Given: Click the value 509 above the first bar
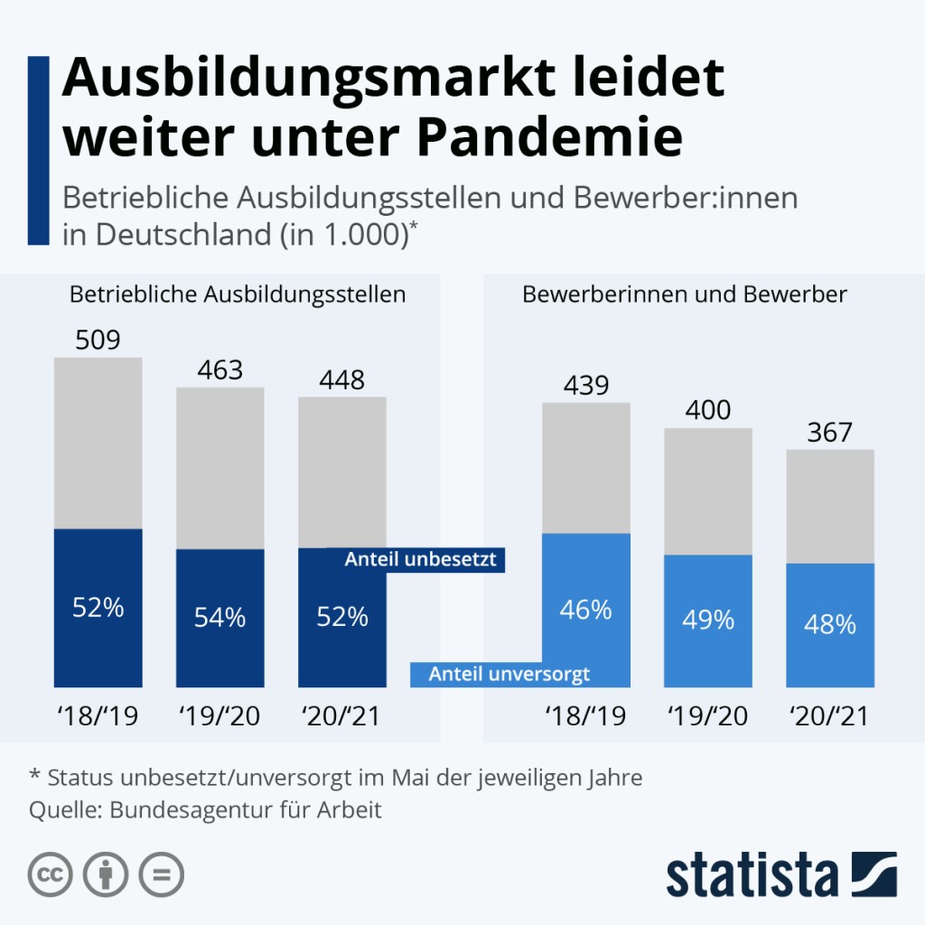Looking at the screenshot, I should (x=98, y=341).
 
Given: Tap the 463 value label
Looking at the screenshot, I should (x=220, y=370).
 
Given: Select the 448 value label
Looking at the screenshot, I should (x=342, y=380).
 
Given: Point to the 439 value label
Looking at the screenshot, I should (x=586, y=386).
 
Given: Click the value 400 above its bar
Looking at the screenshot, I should (x=708, y=411).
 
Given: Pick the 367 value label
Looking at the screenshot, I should (x=830, y=432).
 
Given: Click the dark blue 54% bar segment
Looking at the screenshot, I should (x=220, y=618).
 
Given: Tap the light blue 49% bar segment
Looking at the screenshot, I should (x=708, y=620).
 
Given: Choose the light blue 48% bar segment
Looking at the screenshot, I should (x=830, y=624).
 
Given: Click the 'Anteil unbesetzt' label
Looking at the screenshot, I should (x=420, y=560).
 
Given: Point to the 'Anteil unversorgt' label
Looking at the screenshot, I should (x=509, y=674).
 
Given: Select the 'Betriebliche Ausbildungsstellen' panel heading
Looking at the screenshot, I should (x=238, y=294).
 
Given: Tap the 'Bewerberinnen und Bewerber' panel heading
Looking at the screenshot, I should (x=685, y=294).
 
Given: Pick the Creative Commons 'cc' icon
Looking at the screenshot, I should (x=51, y=874).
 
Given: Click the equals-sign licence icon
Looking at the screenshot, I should (x=160, y=874).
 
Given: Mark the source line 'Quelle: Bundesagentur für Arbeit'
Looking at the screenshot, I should (x=206, y=809).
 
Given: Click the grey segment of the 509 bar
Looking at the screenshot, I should (x=98, y=443).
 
